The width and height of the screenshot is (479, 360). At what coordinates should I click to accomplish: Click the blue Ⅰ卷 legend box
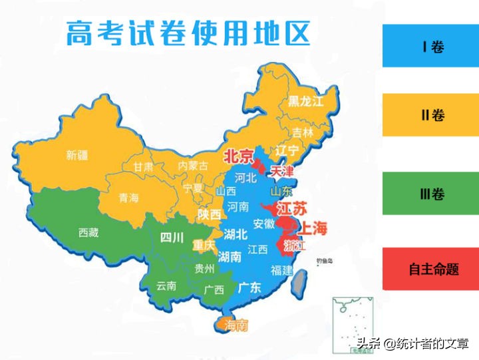tap(430, 46)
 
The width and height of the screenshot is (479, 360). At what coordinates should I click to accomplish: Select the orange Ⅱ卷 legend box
tap(430, 115)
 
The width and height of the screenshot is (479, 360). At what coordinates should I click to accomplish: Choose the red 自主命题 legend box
tap(430, 269)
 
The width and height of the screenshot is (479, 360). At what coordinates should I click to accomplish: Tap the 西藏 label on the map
tap(88, 232)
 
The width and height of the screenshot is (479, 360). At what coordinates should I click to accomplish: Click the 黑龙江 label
tap(305, 101)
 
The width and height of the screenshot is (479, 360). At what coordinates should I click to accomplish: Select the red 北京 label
tap(238, 156)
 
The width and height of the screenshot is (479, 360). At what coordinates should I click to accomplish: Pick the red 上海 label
tap(315, 228)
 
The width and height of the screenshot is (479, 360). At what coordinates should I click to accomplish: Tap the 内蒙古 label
tap(193, 165)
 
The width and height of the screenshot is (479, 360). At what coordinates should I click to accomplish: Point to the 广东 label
tap(249, 287)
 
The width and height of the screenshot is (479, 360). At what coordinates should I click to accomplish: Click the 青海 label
tap(128, 198)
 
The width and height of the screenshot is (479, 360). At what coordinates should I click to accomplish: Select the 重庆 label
tap(204, 246)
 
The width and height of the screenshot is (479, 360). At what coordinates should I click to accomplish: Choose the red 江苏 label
tap(292, 207)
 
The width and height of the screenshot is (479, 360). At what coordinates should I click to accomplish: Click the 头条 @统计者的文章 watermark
tap(413, 344)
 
